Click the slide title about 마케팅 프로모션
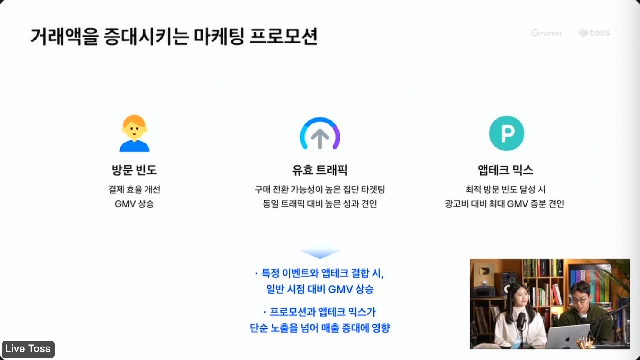(174, 36)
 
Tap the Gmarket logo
(546, 33)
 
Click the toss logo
(594, 33)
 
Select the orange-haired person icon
(134, 133)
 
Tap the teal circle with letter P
(506, 133)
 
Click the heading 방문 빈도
(134, 170)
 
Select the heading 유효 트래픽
(320, 170)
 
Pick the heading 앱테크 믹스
(505, 170)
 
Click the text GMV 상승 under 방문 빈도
(134, 204)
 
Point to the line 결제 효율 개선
(134, 189)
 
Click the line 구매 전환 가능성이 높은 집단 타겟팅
(320, 189)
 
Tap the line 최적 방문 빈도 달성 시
(505, 189)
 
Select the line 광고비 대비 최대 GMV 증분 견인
(505, 204)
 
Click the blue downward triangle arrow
(320, 253)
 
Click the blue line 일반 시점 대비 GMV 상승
(320, 289)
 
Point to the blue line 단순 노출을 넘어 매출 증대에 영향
(320, 328)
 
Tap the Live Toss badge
(28, 349)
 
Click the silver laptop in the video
(567, 337)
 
